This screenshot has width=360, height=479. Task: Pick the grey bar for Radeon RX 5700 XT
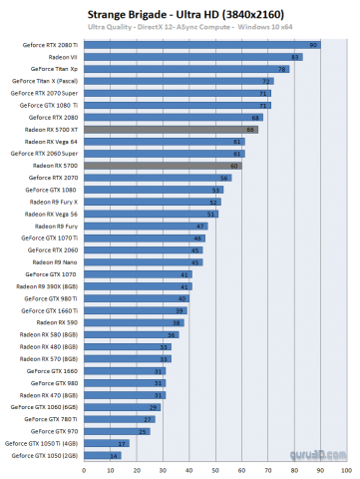[171, 130]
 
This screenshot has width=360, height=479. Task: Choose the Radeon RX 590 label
[60, 322]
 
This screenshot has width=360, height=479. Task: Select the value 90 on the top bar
[314, 45]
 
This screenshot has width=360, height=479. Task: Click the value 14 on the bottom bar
[115, 455]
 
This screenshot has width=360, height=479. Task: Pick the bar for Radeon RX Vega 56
[151, 214]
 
